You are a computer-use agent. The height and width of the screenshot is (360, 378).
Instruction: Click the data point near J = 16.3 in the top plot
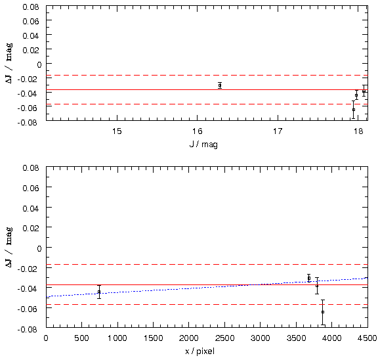click(220, 85)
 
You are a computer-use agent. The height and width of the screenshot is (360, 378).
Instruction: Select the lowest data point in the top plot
click(354, 110)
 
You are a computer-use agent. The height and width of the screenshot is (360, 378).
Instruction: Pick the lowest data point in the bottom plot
click(323, 312)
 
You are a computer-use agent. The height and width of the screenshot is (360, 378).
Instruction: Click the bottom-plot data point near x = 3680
click(309, 278)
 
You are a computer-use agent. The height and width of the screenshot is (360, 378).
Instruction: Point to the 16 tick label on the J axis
click(197, 131)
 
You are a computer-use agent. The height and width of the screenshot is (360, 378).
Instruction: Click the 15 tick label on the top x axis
click(117, 131)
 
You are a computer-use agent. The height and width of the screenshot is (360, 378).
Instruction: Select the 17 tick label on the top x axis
click(278, 131)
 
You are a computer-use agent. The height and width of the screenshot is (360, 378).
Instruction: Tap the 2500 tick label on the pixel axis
click(224, 338)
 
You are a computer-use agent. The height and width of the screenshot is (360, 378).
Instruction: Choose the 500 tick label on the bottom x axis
click(82, 338)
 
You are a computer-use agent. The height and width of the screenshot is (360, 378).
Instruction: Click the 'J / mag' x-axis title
click(203, 145)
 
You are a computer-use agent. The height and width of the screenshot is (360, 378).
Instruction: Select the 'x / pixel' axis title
click(200, 351)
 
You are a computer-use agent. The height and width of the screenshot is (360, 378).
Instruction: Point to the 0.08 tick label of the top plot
click(31, 7)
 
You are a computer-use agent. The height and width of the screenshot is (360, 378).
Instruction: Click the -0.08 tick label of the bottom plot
click(28, 329)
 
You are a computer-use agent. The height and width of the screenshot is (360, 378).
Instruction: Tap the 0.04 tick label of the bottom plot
click(31, 208)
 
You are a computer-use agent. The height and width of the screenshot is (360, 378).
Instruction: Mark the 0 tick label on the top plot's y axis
click(39, 64)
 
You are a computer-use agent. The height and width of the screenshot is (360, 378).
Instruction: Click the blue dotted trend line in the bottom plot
click(207, 287)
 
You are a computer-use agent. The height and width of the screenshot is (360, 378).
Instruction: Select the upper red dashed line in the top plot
click(207, 76)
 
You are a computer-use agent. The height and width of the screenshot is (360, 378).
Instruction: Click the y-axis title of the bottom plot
click(9, 247)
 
